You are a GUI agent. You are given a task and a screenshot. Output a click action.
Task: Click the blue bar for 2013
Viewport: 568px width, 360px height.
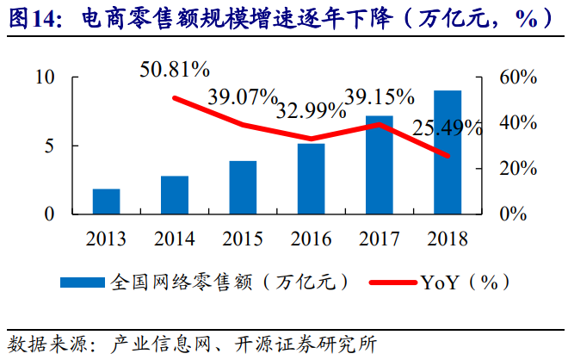click(107, 202)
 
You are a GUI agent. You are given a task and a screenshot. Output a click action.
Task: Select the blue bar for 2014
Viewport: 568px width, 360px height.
click(175, 195)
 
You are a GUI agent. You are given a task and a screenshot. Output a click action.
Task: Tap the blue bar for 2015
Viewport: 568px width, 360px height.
click(243, 187)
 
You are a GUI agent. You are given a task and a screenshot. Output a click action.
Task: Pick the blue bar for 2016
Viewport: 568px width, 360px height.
click(311, 178)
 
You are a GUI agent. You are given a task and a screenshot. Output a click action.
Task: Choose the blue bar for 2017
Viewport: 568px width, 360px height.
click(380, 164)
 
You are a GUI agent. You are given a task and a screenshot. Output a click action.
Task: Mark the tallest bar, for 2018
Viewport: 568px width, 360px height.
click(448, 152)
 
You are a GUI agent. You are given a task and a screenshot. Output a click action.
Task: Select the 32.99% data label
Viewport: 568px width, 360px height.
click(307, 110)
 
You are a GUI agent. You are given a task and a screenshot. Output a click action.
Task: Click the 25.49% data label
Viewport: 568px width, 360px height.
click(448, 128)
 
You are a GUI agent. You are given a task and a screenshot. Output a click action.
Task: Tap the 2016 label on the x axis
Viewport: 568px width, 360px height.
click(311, 239)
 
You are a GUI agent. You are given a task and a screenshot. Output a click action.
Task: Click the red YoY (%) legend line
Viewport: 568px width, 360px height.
click(392, 281)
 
